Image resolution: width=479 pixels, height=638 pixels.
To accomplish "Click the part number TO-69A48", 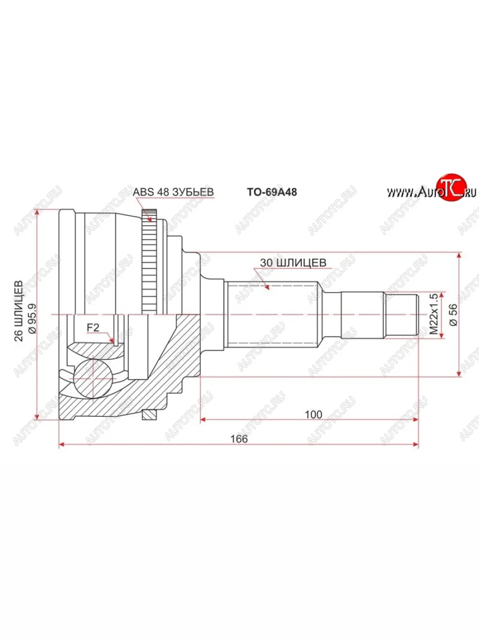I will click(x=271, y=192).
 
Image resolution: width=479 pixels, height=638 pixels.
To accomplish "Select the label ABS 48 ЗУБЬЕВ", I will click(x=173, y=192).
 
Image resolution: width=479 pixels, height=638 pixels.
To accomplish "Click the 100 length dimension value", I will click(x=314, y=414).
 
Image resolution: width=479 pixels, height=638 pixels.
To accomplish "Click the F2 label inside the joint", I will click(x=93, y=328).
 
